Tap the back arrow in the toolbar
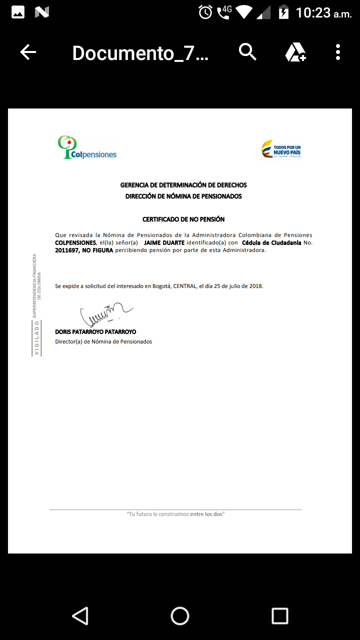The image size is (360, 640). click(28, 52)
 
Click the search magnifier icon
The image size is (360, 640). click(247, 51)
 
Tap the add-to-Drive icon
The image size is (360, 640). click(295, 52)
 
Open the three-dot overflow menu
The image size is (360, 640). click(338, 52)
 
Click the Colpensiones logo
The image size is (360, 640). click(87, 147)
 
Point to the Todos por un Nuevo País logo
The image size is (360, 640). click(281, 149)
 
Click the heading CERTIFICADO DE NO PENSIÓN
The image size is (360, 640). click(183, 219)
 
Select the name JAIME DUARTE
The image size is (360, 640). click(164, 243)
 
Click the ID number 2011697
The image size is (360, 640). click(67, 250)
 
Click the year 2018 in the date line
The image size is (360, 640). click(255, 286)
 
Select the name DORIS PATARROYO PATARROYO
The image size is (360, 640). click(95, 332)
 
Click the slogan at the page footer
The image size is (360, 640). click(175, 514)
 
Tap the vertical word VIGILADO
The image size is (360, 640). click(36, 337)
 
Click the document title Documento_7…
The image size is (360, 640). click(140, 52)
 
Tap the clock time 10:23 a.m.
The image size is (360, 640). click(323, 13)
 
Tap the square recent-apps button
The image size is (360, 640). click(280, 616)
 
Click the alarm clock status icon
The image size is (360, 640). click(205, 12)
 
